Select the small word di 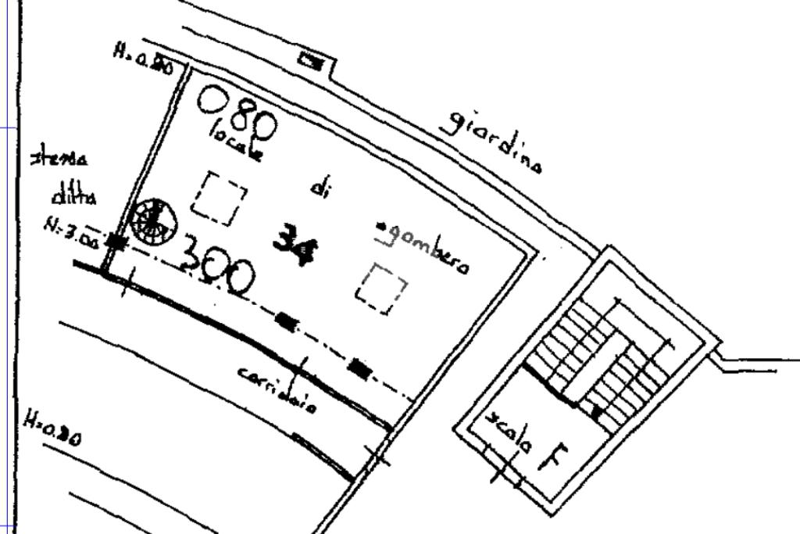coord(319,188)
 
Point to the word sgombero coord(423,247)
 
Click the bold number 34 coord(295,244)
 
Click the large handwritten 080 coord(237,112)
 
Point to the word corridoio coord(277,389)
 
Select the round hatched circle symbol coord(154,220)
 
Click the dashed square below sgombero coord(381,289)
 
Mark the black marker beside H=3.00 coord(116,242)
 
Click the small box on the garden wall coord(312,62)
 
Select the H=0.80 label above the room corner coord(143,59)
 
